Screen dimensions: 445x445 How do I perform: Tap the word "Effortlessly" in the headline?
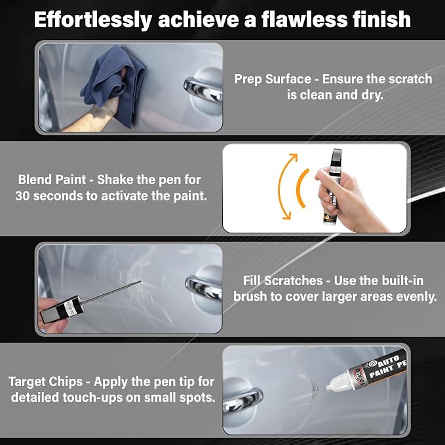click(93, 20)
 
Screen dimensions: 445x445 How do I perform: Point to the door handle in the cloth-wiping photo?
click(203, 88)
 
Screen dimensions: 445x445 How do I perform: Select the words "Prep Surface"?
click(273, 79)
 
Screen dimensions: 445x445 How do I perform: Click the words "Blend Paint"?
click(52, 180)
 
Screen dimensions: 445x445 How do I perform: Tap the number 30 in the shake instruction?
click(22, 196)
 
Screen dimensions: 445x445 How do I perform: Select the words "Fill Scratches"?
click(282, 281)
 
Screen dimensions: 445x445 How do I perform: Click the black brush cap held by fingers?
click(62, 309)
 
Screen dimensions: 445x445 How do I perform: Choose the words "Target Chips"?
click(46, 381)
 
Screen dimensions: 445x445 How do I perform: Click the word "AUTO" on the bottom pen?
click(388, 360)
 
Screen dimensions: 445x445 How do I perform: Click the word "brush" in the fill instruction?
click(250, 297)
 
